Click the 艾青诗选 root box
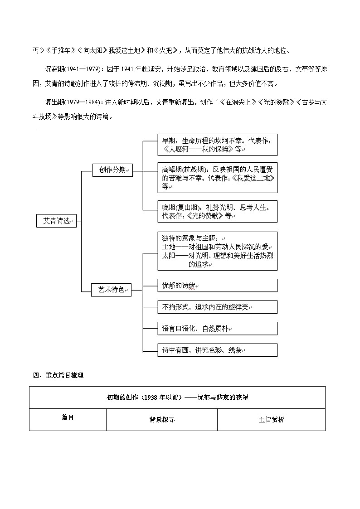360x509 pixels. click(x=57, y=221)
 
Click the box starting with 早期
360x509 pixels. click(x=217, y=145)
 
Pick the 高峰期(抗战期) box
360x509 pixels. click(x=217, y=177)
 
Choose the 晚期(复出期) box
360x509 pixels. click(x=217, y=212)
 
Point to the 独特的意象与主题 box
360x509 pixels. click(x=217, y=251)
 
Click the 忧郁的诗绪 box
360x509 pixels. click(x=217, y=286)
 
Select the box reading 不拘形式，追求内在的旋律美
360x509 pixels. click(x=217, y=307)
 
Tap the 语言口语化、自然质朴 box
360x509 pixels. click(x=217, y=328)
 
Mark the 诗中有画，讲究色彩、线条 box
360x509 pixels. click(x=217, y=350)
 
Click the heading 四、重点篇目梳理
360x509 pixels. click(x=58, y=375)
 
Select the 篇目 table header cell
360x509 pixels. click(x=68, y=417)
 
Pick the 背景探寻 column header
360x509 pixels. click(x=162, y=420)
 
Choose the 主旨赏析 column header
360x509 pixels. click(x=271, y=420)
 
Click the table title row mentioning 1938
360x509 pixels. click(x=177, y=398)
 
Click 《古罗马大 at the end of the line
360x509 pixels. click(x=308, y=102)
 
